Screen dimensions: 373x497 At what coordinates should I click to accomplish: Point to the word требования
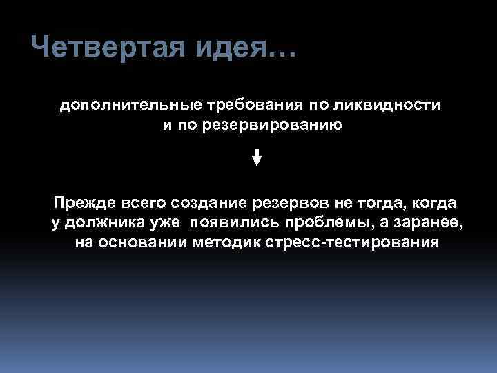(244, 105)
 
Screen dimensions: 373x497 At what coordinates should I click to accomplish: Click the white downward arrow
(256, 157)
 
